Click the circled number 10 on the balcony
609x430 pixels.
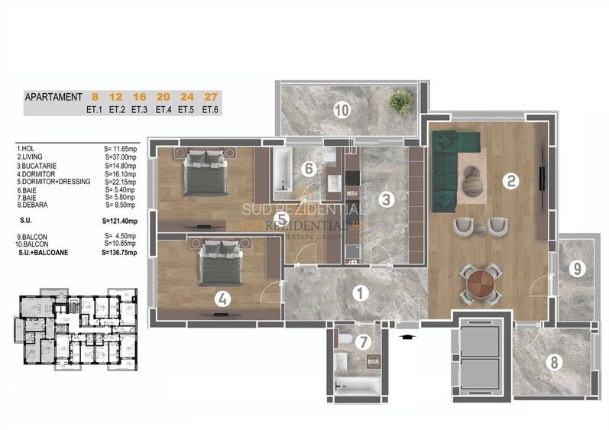tap(341, 110)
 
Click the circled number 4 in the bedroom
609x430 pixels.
tap(221, 299)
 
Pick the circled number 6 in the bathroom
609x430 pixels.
tap(309, 168)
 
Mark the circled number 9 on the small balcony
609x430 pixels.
tap(577, 268)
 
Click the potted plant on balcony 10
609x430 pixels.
tap(398, 100)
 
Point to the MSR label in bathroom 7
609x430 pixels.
tap(373, 361)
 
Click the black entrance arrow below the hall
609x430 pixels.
tap(406, 334)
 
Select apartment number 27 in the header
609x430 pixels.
tap(210, 97)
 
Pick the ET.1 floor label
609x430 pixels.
tap(96, 109)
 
